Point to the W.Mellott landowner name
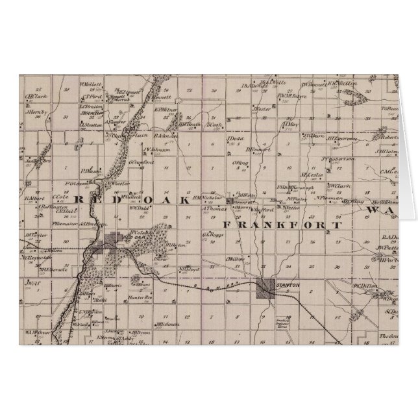coord(92,84)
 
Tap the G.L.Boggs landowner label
coord(210,235)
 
